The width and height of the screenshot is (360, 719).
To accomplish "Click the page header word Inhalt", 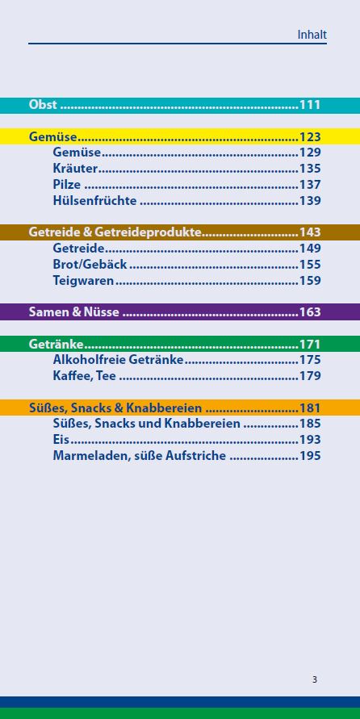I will tap(312, 35).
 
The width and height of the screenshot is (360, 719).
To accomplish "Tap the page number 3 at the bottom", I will tap(315, 679).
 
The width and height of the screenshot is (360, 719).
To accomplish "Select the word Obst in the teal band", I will tap(43, 105).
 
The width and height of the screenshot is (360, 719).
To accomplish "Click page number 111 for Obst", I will tap(310, 105).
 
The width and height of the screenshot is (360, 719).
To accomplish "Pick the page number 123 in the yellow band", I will tap(310, 137).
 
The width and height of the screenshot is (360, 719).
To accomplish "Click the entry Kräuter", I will tap(75, 169).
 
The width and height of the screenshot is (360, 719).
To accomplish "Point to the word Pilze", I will tap(67, 185).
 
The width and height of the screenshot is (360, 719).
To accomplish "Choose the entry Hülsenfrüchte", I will tap(94, 201).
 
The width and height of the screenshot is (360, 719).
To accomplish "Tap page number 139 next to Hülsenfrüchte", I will tap(310, 201).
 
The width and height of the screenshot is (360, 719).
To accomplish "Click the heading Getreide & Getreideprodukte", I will tap(115, 232).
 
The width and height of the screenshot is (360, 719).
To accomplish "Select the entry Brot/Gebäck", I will tap(90, 265).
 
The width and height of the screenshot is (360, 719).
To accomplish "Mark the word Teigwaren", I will tap(83, 281).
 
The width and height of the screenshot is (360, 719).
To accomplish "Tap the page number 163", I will tap(310, 312).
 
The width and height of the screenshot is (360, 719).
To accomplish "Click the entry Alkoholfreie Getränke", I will tap(118, 360).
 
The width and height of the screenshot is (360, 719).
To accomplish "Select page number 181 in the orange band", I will tap(310, 408).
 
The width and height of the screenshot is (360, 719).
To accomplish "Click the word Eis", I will tap(61, 440).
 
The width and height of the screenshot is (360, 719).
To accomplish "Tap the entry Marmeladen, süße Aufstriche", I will tap(140, 456).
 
